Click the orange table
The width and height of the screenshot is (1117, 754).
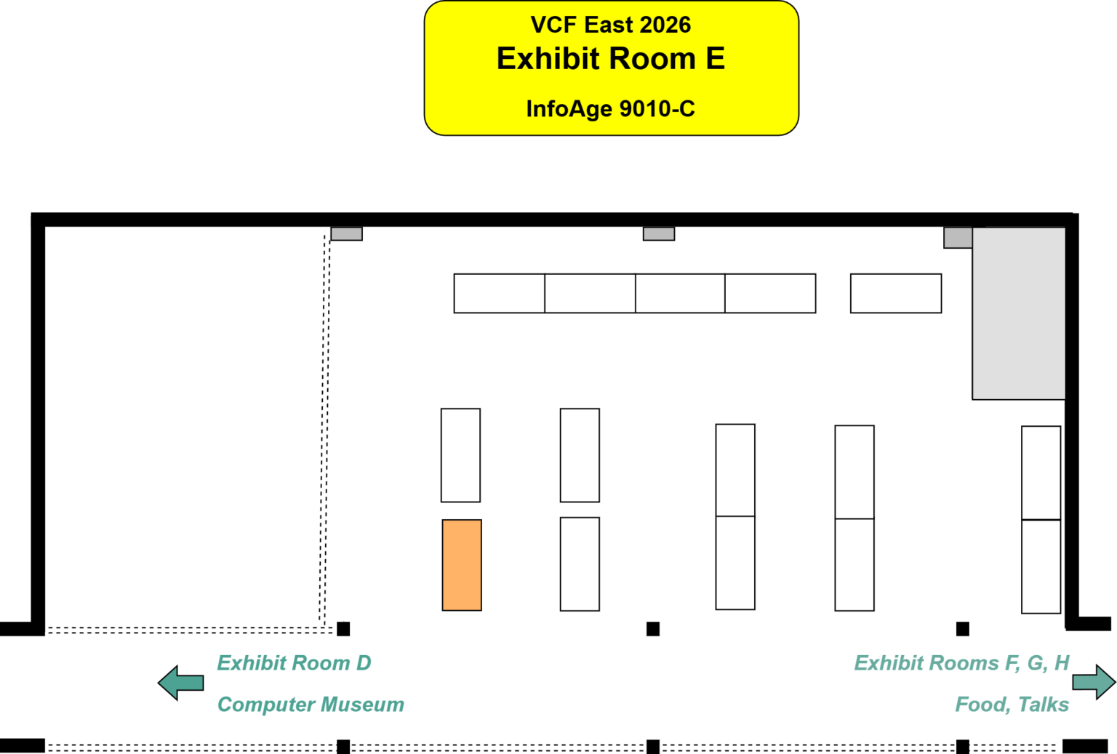click(x=462, y=565)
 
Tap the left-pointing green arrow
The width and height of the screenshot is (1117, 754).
click(x=181, y=682)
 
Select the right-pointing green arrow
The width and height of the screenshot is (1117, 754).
click(x=1093, y=682)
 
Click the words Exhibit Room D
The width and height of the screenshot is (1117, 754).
click(x=294, y=663)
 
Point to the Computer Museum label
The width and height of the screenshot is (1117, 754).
click(x=311, y=705)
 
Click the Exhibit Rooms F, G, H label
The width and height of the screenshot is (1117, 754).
click(x=961, y=663)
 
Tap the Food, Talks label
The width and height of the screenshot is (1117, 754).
click(x=1012, y=705)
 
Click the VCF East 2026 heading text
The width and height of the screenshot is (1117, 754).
click(x=611, y=25)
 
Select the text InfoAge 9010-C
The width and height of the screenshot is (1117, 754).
click(x=611, y=109)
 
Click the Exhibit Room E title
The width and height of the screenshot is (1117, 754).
click(x=611, y=59)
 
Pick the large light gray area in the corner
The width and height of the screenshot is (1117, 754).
click(x=1019, y=313)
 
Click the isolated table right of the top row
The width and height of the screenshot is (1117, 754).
click(x=896, y=293)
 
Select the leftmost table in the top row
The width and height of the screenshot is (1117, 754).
click(x=499, y=293)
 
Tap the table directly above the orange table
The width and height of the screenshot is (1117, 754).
click(x=460, y=455)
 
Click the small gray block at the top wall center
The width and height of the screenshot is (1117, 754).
click(x=659, y=234)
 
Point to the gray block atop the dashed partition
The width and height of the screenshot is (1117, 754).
click(x=347, y=234)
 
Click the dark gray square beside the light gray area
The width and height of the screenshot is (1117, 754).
click(x=958, y=238)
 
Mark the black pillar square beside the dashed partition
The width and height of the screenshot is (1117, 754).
click(x=343, y=629)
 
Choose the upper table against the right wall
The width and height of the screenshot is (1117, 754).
click(x=1041, y=473)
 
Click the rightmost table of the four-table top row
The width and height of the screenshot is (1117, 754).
click(x=770, y=293)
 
